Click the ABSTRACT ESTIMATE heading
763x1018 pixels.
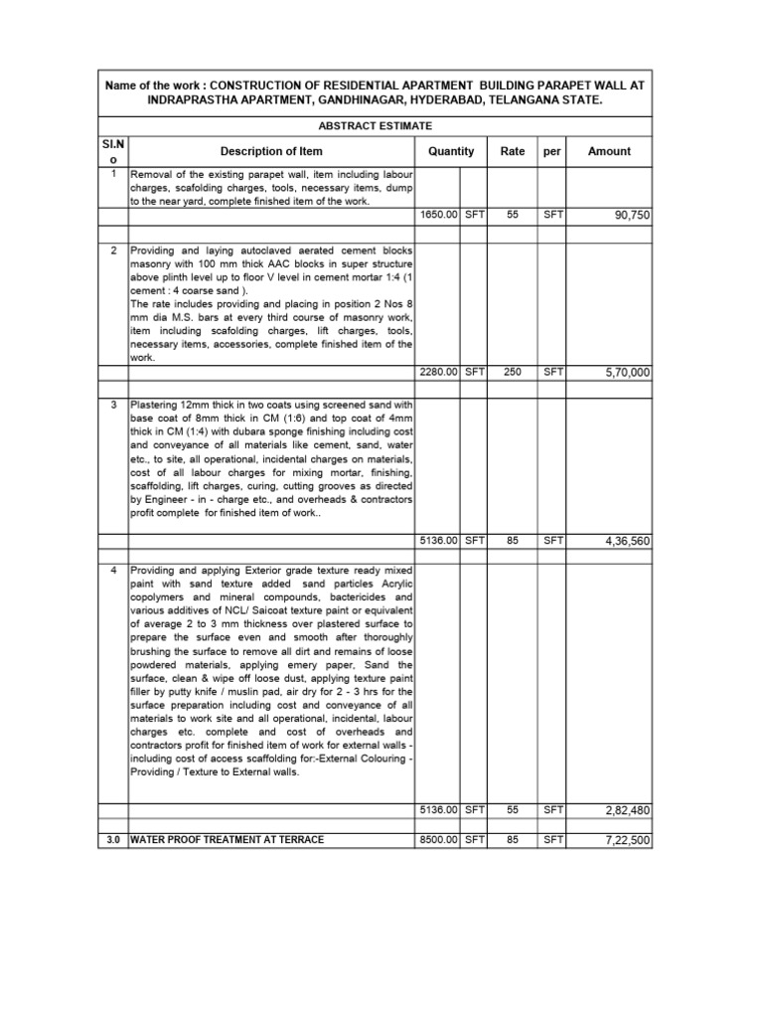(x=375, y=125)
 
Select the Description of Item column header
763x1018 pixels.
(x=271, y=152)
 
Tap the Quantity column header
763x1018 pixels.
(x=451, y=152)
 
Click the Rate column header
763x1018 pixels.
(x=513, y=152)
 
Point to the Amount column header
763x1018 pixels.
(x=609, y=152)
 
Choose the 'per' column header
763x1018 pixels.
(x=552, y=152)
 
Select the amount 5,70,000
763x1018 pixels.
(x=627, y=373)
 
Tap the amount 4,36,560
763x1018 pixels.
(x=627, y=542)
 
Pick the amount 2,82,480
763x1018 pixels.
(x=627, y=811)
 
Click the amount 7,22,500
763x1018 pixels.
(x=627, y=841)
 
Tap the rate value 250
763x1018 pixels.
(x=513, y=372)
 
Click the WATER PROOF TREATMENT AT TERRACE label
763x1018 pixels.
(x=228, y=841)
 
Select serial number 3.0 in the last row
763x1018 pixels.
(x=113, y=841)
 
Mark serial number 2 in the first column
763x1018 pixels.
(x=113, y=252)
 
